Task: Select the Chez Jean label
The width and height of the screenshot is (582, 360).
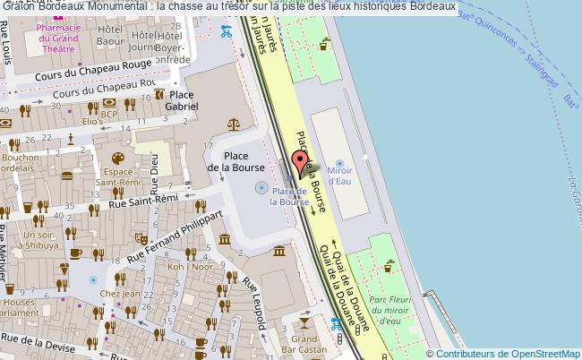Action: click(x=120, y=293)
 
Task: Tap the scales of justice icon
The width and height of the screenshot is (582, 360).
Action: click(x=234, y=124)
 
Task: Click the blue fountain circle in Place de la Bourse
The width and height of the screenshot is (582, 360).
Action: click(x=261, y=188)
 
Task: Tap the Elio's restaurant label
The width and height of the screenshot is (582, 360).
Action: click(x=92, y=121)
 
